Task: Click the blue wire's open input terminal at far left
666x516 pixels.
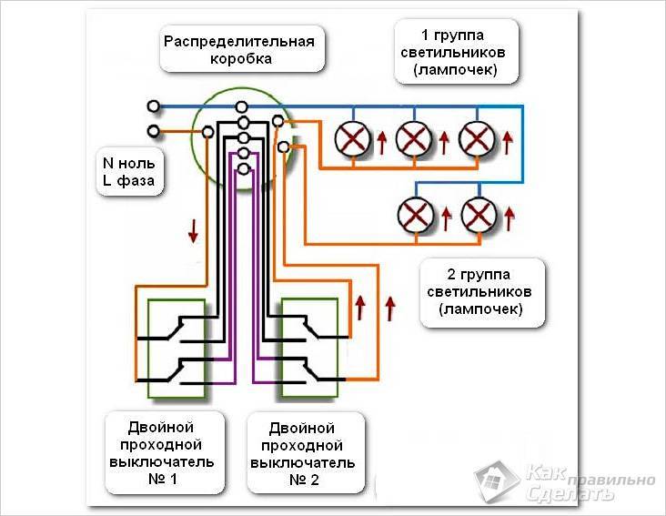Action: (153, 106)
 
